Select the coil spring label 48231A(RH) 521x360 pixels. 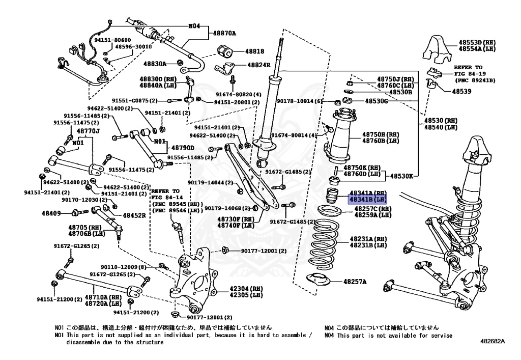(368, 239)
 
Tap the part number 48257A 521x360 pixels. (355, 281)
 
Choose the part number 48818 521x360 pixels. (254, 51)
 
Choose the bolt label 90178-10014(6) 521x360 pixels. (300, 101)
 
